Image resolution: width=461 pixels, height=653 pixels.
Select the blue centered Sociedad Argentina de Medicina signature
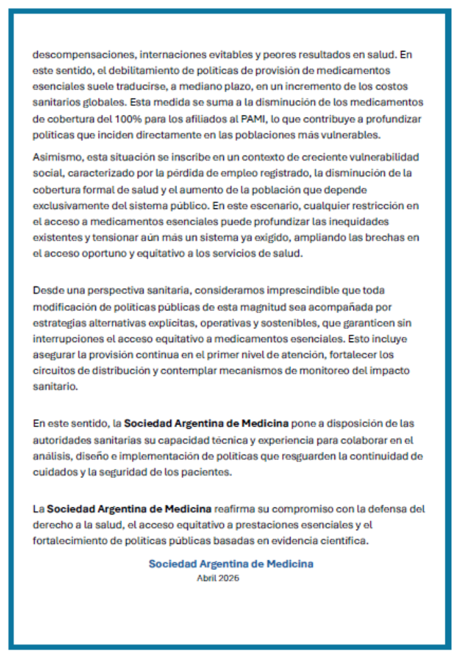pyautogui.click(x=230, y=564)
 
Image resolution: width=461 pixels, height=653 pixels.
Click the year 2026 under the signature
pyautogui.click(x=229, y=578)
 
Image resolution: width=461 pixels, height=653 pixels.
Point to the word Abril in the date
pyautogui.click(x=206, y=578)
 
